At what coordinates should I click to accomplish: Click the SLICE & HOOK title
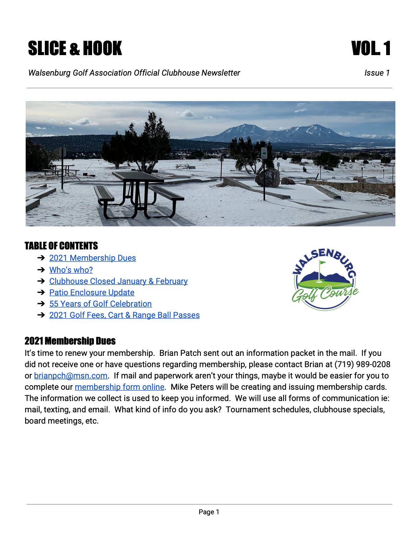click(x=75, y=48)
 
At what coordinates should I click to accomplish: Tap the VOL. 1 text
click(x=371, y=48)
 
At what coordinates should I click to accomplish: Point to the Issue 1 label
click(x=377, y=73)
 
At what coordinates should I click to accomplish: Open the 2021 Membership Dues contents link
click(x=92, y=258)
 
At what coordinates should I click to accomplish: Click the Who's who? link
click(x=71, y=270)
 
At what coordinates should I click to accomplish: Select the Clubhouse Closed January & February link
click(x=118, y=281)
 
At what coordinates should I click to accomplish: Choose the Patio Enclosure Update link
click(x=92, y=293)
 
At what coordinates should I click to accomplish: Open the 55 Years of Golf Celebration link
click(x=100, y=304)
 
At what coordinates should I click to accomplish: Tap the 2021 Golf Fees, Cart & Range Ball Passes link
click(x=124, y=315)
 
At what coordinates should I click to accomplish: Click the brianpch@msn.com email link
click(x=71, y=376)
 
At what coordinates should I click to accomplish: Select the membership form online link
click(x=119, y=387)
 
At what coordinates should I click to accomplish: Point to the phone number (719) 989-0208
click(x=362, y=364)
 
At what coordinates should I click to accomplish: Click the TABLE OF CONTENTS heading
click(x=61, y=246)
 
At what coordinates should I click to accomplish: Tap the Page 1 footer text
click(x=209, y=512)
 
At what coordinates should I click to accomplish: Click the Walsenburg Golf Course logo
click(x=325, y=279)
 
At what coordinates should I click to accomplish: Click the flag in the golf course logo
click(x=322, y=264)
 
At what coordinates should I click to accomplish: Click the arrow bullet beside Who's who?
click(x=41, y=270)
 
